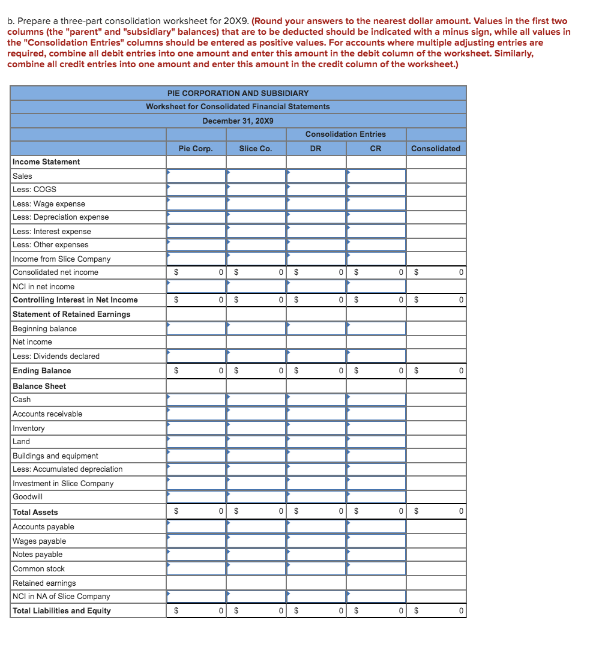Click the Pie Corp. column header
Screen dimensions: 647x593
(195, 148)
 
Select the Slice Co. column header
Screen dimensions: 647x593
(255, 148)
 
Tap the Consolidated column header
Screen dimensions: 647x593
(436, 148)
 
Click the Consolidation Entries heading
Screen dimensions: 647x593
(345, 134)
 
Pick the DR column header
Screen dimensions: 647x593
(315, 148)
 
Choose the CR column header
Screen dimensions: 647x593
(375, 148)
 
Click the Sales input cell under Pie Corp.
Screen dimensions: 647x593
(196, 176)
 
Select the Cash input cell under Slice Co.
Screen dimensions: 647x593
(256, 399)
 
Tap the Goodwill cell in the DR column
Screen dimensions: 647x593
(316, 497)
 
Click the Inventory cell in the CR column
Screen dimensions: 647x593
(376, 428)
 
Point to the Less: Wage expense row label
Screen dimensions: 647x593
(49, 203)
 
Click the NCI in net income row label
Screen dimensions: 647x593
(43, 286)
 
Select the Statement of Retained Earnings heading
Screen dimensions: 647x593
(71, 314)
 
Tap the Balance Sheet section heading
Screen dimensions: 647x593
(39, 386)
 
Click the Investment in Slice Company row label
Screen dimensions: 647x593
(63, 483)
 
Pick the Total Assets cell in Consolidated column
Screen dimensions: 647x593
(436, 512)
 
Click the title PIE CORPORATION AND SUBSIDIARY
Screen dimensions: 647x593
(238, 93)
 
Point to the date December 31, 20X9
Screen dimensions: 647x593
(238, 121)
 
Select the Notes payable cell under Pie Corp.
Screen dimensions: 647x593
(196, 555)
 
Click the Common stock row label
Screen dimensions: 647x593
(38, 568)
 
